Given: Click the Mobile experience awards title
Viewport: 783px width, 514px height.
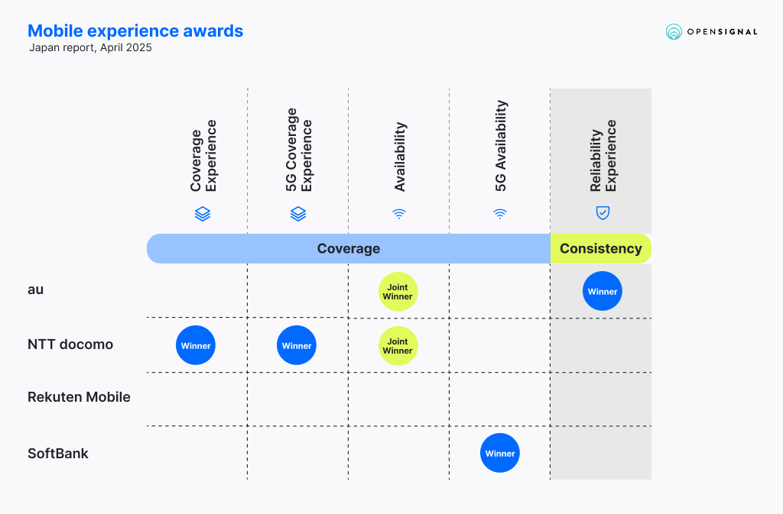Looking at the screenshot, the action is tap(135, 31).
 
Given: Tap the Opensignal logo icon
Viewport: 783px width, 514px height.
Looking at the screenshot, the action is tap(674, 31).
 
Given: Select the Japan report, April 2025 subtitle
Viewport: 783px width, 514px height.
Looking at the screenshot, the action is tap(90, 48).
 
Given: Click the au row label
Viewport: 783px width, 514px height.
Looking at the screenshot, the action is tap(35, 289).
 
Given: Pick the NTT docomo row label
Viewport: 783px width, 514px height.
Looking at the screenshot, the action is tap(70, 344).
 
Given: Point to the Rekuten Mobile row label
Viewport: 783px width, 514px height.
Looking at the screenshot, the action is tap(79, 397).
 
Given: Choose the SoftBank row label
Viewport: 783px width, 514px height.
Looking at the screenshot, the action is tap(58, 453).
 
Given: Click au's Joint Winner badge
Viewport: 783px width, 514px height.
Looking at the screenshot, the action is tap(398, 292).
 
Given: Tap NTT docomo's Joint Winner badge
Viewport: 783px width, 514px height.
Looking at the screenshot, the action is tap(398, 346).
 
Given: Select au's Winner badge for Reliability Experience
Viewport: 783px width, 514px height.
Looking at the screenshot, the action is tap(603, 291).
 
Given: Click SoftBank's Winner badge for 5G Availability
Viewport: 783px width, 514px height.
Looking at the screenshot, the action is tap(500, 453).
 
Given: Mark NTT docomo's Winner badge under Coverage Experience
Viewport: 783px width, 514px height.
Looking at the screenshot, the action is tap(196, 345).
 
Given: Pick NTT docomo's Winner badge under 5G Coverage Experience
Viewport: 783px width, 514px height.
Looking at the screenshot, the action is tap(297, 345).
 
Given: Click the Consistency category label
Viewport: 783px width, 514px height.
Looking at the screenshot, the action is tap(601, 248).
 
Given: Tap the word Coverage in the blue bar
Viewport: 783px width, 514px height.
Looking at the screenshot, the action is tap(349, 248).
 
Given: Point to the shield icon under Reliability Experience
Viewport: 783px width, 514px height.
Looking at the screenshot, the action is tap(603, 213).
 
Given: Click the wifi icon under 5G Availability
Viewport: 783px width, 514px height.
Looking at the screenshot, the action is tap(500, 214).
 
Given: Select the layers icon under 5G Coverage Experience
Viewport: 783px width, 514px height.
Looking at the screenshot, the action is tap(298, 214).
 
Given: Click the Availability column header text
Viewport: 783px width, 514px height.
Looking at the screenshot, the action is tap(400, 157).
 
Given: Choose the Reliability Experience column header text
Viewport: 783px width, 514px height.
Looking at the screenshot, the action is tap(603, 156).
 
